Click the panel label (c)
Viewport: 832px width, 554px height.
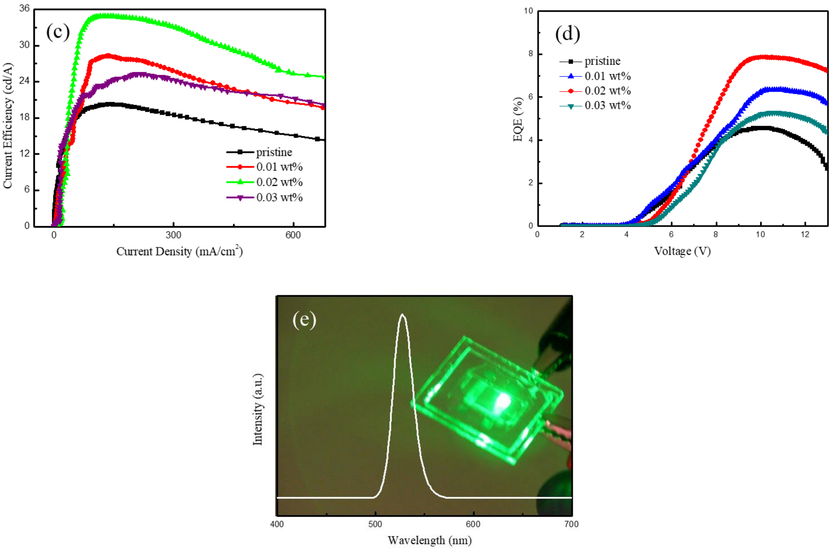(58, 33)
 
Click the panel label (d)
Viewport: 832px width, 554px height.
(567, 34)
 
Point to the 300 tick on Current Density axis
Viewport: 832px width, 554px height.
(173, 235)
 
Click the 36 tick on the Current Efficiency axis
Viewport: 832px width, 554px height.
(24, 8)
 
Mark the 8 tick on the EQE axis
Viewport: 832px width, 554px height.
(531, 54)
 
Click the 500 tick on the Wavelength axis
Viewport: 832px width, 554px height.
(375, 524)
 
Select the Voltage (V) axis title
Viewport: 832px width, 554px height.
(682, 251)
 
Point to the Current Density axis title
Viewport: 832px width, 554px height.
(179, 251)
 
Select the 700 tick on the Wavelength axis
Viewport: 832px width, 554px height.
(571, 524)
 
